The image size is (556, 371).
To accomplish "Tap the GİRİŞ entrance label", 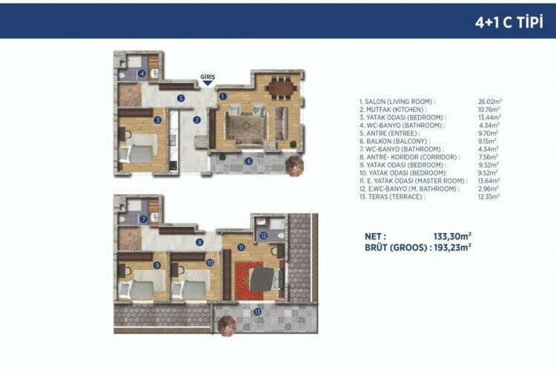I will pyautogui.click(x=207, y=76).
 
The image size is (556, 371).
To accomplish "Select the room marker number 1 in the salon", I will pyautogui.click(x=222, y=95).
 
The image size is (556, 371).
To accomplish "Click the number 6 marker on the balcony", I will pyautogui.click(x=249, y=160).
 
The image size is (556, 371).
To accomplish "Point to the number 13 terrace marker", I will pyautogui.click(x=257, y=312).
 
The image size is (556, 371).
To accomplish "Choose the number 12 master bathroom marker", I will pyautogui.click(x=264, y=236).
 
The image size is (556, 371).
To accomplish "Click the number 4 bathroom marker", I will pyautogui.click(x=142, y=73).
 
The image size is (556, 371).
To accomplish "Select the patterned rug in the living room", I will pyautogui.click(x=244, y=126).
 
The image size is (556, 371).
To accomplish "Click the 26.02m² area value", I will pyautogui.click(x=489, y=102).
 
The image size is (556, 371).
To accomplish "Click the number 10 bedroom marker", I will pyautogui.click(x=210, y=262).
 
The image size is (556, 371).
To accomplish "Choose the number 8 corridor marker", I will pyautogui.click(x=199, y=242).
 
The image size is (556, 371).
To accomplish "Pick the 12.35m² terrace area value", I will pyautogui.click(x=489, y=196).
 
